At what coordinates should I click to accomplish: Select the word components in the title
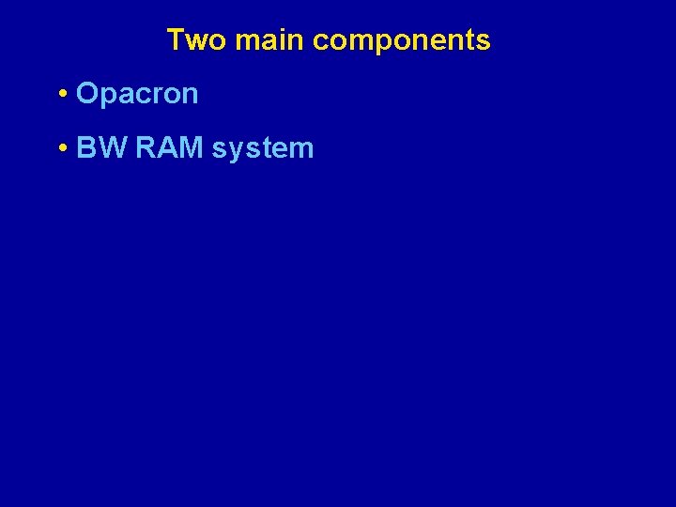[x=401, y=41]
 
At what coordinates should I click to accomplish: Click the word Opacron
[x=137, y=94]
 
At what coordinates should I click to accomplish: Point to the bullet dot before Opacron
[x=61, y=94]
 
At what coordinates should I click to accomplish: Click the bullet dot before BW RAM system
[x=61, y=148]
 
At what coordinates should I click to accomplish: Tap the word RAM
[x=169, y=148]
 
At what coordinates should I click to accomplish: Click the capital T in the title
[x=176, y=40]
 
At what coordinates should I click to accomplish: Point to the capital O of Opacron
[x=86, y=94]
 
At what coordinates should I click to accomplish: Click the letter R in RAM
[x=146, y=148]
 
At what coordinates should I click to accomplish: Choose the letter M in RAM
[x=192, y=148]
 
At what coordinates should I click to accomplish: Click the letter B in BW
[x=87, y=148]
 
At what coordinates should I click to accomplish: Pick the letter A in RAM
[x=168, y=148]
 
